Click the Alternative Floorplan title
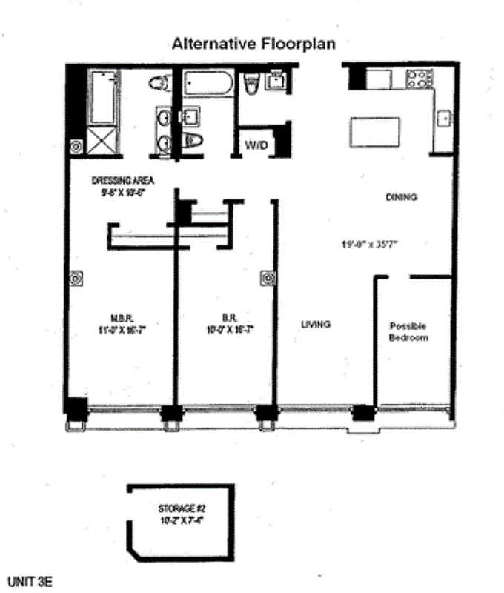click(x=253, y=44)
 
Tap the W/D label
click(x=256, y=146)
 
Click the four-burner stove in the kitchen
click(x=419, y=79)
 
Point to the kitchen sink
click(x=444, y=118)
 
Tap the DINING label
click(x=401, y=198)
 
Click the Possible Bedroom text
click(x=409, y=332)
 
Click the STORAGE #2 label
click(x=181, y=508)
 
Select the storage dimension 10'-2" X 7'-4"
click(x=181, y=520)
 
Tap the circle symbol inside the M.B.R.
click(x=75, y=279)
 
